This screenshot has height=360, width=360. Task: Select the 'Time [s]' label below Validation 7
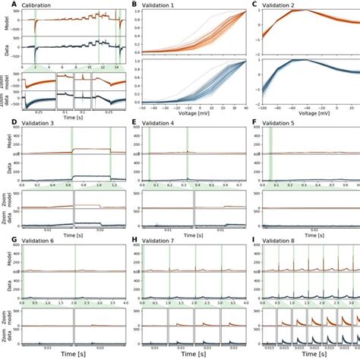186,355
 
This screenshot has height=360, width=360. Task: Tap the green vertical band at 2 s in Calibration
35,38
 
